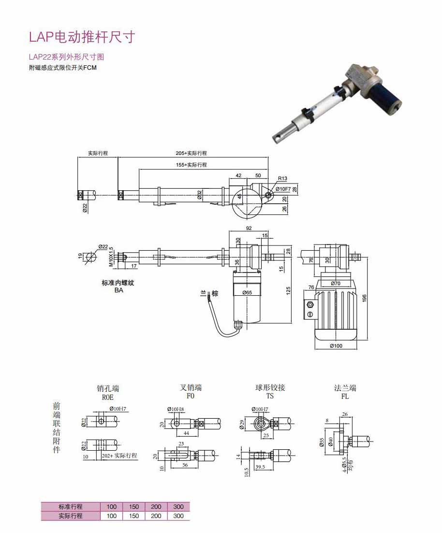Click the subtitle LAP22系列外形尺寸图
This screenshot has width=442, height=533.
click(66, 57)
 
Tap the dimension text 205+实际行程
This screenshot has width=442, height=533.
click(191, 153)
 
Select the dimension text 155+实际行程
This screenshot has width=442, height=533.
click(191, 165)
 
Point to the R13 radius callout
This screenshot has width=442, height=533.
click(282, 178)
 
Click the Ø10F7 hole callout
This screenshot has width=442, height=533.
click(283, 188)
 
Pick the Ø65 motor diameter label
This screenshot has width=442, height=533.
click(247, 292)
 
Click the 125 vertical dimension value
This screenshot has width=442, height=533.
click(289, 291)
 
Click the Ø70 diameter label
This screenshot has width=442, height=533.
click(336, 283)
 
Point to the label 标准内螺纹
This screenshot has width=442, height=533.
click(118, 283)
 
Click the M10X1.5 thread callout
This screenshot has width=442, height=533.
click(111, 257)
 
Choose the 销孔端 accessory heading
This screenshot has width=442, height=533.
click(108, 388)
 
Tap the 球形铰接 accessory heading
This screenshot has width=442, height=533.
click(270, 388)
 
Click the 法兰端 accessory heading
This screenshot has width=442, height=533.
click(345, 388)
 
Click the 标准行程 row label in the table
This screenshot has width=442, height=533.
click(71, 506)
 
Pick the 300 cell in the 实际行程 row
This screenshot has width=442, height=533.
click(178, 516)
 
